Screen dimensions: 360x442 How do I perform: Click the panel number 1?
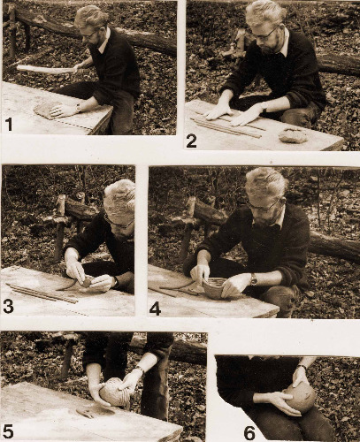click(x=9, y=125)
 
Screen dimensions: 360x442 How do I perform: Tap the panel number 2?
click(x=191, y=141)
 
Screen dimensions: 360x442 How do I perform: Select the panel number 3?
click(x=8, y=307)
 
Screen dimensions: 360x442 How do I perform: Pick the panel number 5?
click(x=7, y=432)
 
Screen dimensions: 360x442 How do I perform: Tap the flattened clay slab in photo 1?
click(x=47, y=110)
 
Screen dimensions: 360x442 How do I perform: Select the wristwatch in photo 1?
click(x=79, y=108)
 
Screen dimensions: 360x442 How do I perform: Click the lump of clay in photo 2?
click(x=293, y=136)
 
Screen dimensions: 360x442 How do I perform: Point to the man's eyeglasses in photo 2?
click(x=264, y=35)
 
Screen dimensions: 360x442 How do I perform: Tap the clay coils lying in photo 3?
click(x=42, y=293)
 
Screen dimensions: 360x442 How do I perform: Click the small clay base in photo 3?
click(x=86, y=283)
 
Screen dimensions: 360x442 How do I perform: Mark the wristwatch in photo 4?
click(x=253, y=279)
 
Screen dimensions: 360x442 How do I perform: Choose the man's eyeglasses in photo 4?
click(x=264, y=206)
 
